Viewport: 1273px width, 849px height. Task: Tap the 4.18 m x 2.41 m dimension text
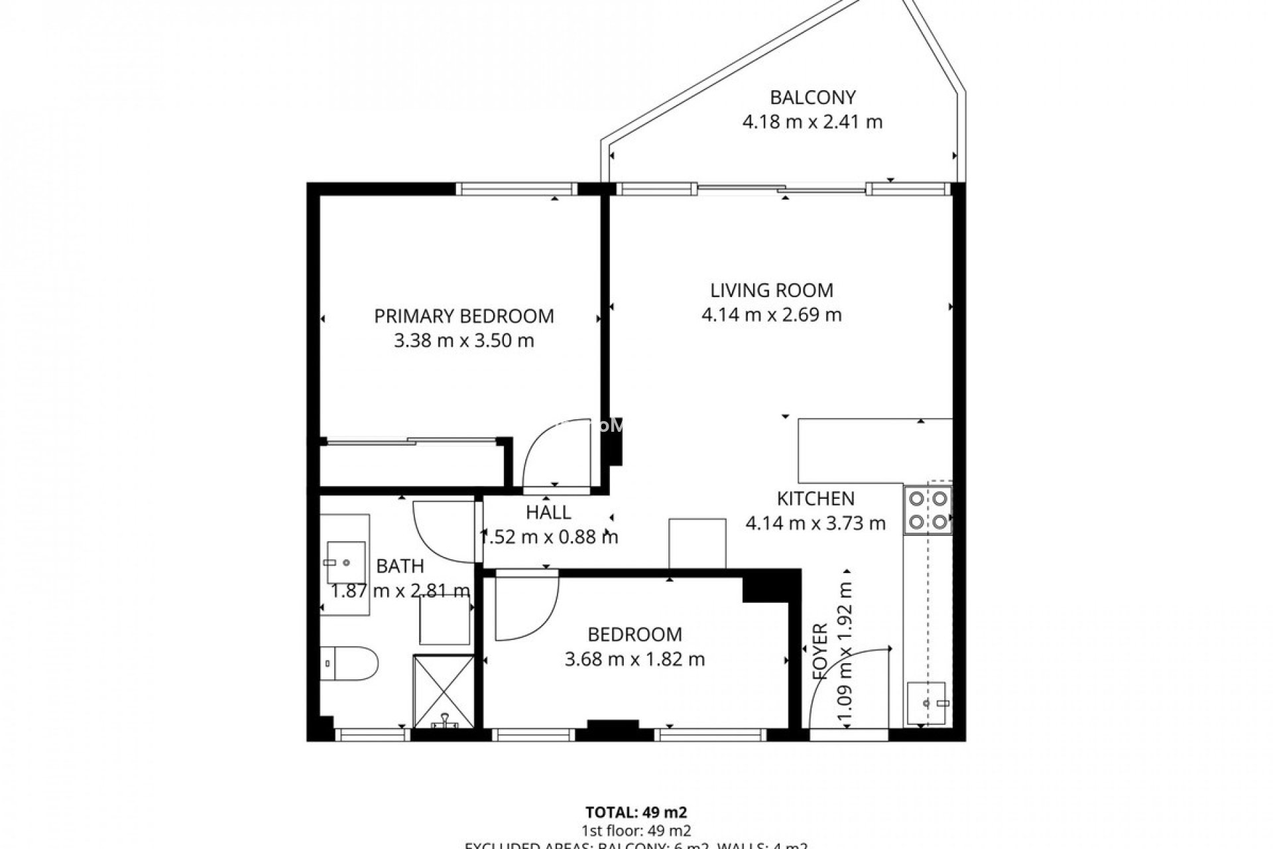[812, 122]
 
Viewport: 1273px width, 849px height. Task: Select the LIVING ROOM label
[772, 290]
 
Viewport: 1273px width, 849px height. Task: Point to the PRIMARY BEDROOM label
[464, 316]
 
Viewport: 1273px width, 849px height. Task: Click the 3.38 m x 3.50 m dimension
[464, 341]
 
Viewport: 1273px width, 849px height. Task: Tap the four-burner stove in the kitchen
[928, 509]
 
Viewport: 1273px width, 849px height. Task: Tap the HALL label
[548, 512]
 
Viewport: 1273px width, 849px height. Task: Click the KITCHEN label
[816, 498]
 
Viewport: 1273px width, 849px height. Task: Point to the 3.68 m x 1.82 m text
[635, 659]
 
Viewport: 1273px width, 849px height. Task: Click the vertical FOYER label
[820, 651]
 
